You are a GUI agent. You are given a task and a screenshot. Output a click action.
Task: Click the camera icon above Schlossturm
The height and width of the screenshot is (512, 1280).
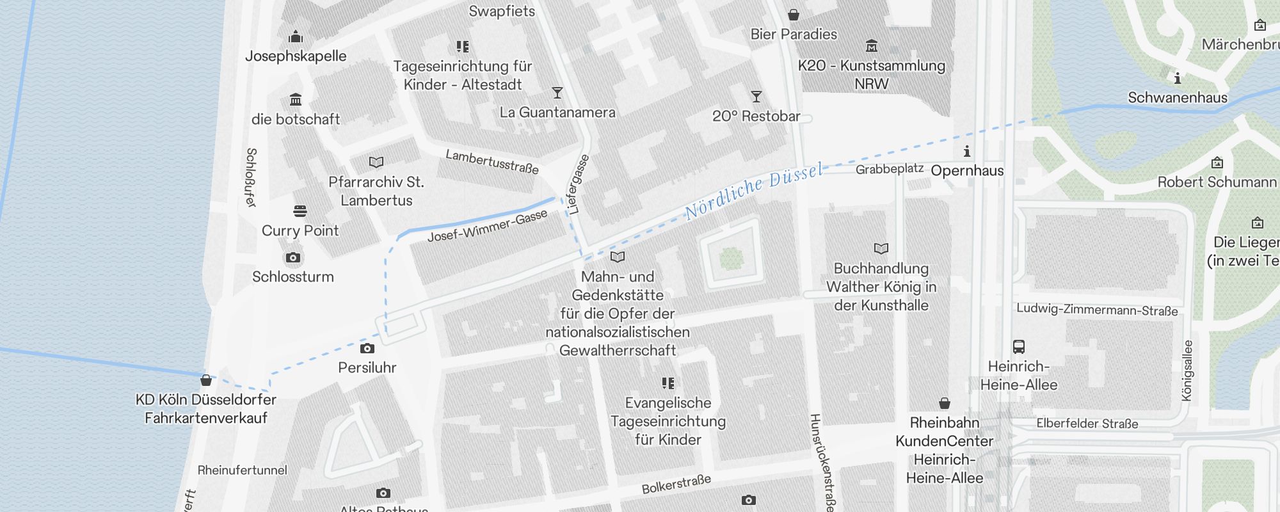coord(293,258)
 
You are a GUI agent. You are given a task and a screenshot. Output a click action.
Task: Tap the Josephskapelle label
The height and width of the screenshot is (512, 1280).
coord(296,56)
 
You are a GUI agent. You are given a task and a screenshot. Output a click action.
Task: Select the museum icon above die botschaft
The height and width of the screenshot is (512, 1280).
coord(296,100)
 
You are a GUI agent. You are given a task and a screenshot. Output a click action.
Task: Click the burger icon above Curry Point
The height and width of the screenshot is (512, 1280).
coord(300,211)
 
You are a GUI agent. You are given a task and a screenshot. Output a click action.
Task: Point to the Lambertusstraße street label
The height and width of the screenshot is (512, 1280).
coord(492,162)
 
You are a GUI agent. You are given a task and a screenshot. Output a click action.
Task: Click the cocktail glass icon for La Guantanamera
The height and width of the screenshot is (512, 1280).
coord(557,93)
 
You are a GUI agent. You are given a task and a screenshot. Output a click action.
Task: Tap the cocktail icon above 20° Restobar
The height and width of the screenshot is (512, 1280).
coord(756,97)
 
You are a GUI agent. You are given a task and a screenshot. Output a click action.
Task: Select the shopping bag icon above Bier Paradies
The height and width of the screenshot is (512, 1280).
coord(794,15)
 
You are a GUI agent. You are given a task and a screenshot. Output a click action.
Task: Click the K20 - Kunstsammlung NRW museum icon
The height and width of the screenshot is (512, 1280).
coord(871,46)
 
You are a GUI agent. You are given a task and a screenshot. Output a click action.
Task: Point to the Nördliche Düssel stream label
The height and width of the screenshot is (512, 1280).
coord(753,191)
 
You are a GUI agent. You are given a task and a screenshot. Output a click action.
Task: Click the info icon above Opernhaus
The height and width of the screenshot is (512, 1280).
coord(967,152)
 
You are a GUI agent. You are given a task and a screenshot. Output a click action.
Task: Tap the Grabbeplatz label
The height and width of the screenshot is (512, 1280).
coord(889,169)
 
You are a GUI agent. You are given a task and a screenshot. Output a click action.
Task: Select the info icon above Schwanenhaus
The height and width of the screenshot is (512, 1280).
coord(1177,79)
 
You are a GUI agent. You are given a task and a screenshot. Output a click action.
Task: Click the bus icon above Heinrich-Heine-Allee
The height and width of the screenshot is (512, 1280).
coord(1019,347)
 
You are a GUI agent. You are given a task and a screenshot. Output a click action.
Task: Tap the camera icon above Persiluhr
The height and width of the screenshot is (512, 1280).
coord(367,349)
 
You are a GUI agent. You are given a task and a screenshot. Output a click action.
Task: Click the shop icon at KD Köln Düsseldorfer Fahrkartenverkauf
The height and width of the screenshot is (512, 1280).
coord(206,381)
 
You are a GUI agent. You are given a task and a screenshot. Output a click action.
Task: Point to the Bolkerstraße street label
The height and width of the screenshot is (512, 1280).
coord(676,484)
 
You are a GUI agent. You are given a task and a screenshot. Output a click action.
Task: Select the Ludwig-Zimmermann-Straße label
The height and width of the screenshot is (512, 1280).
coord(1096,310)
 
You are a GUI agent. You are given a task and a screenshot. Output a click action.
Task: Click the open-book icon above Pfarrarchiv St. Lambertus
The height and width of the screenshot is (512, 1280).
coord(376,163)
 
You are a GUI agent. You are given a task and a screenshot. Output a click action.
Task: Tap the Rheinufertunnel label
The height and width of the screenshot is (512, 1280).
coord(242,470)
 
